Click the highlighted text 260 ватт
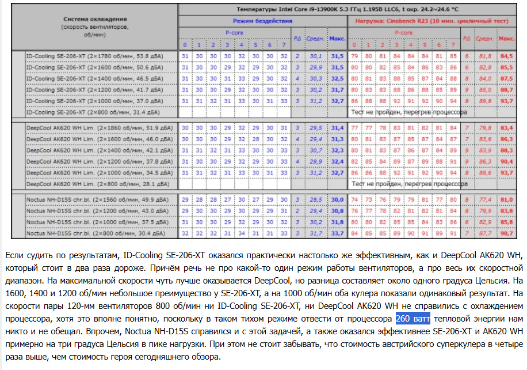[x=413, y=319]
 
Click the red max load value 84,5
[x=506, y=56]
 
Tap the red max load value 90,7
[x=506, y=233]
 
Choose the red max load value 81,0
[x=506, y=199]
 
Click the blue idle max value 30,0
[x=337, y=199]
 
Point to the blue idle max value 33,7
[x=337, y=233]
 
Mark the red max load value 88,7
[x=506, y=89]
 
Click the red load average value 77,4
[x=485, y=199]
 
